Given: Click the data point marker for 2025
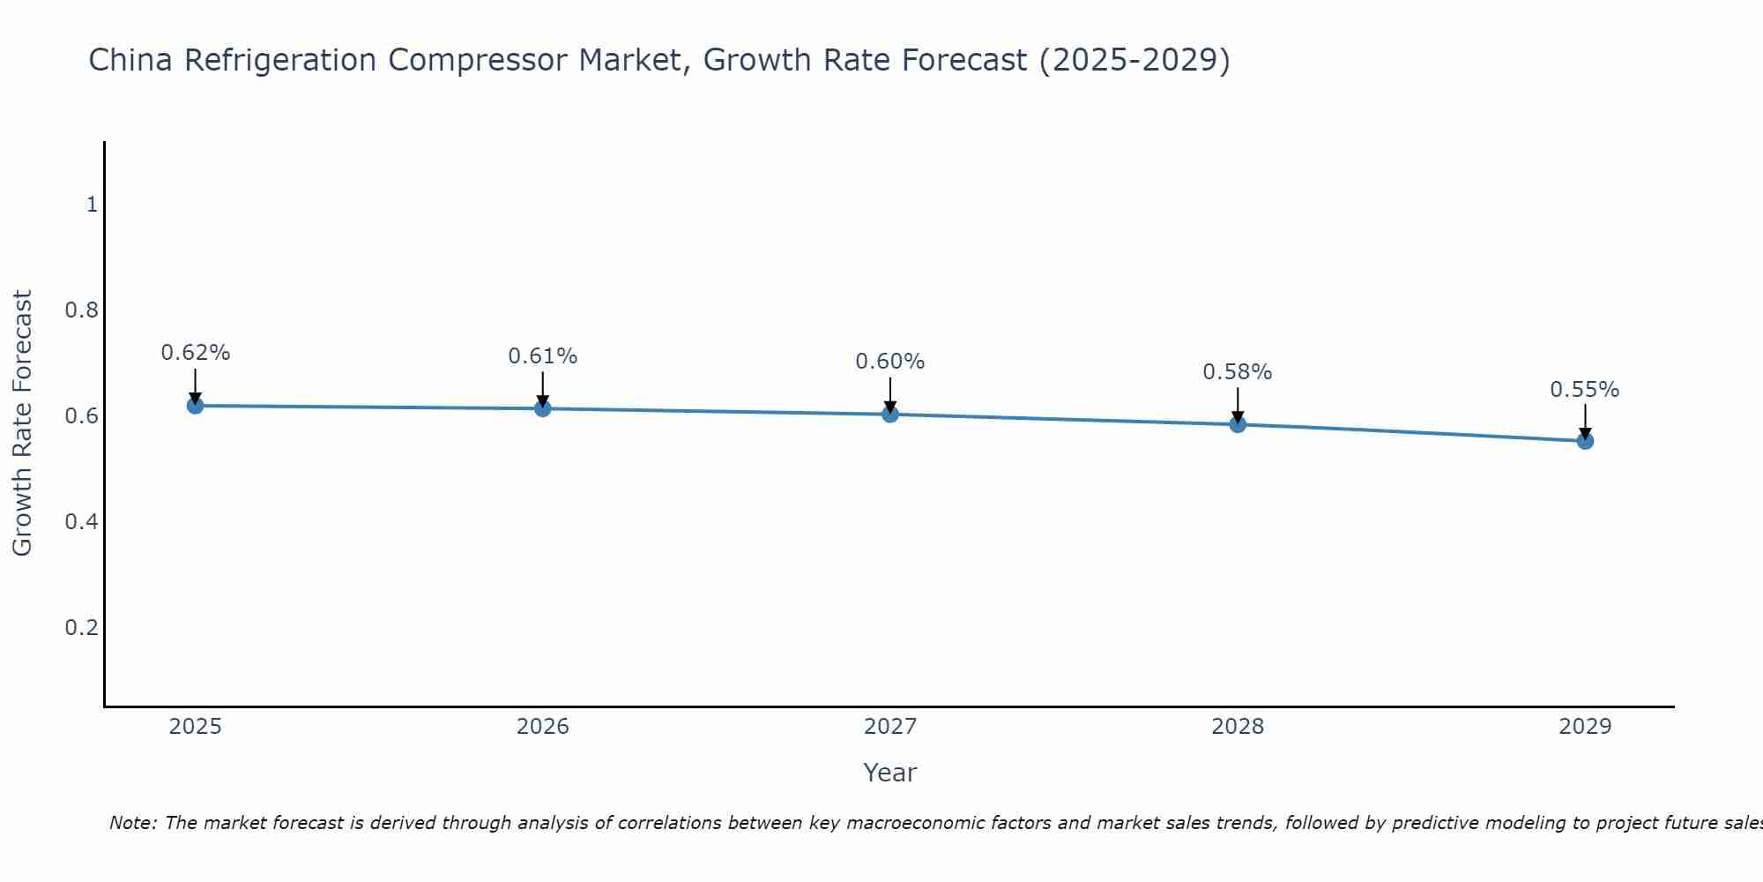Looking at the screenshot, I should coord(195,406).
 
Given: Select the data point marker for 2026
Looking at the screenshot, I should coord(542,408).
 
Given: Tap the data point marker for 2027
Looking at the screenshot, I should coord(890,414).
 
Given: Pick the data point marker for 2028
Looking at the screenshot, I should coord(1238,424).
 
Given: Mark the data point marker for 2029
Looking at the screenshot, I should coord(1585,441).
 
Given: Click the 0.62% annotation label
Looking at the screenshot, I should coord(195,353).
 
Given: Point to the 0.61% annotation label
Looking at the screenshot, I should coord(542,356).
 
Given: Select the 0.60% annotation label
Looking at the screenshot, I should coord(890,362).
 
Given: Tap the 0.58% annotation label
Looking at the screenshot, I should coord(1238,372).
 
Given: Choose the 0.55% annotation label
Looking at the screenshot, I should coord(1585,390).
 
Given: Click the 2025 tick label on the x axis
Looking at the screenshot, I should coord(195,727).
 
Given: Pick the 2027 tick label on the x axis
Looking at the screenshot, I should coord(890,727).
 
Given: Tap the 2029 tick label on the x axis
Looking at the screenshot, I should coord(1585,727).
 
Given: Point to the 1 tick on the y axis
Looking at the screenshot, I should coord(92,205).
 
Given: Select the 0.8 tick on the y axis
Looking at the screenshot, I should coord(81,310).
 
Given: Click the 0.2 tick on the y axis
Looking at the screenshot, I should coord(81,628).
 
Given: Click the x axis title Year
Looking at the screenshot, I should coord(890,773).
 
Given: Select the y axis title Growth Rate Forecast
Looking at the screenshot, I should coord(23,423).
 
